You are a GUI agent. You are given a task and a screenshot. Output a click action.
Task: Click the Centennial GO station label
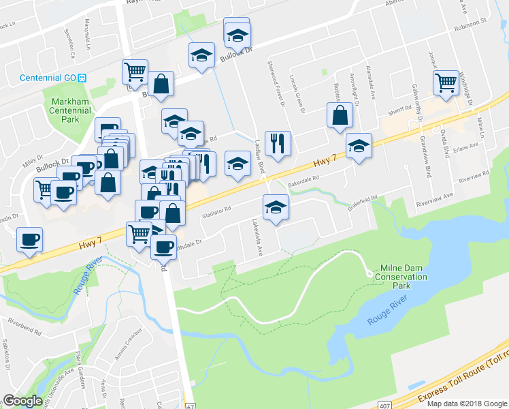(46, 78)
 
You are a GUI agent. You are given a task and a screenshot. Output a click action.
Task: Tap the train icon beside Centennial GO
(81, 78)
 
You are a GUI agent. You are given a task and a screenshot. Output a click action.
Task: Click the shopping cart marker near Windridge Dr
(446, 82)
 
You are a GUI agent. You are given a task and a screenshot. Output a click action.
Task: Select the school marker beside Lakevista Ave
(276, 207)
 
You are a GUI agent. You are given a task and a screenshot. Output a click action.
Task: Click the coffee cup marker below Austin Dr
(29, 239)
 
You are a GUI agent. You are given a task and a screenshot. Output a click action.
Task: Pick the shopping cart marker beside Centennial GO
(135, 71)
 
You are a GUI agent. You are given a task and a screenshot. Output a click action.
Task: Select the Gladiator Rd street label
(216, 213)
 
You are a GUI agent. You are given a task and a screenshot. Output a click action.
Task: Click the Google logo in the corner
(22, 401)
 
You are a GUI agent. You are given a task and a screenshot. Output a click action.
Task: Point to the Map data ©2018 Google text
(467, 404)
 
